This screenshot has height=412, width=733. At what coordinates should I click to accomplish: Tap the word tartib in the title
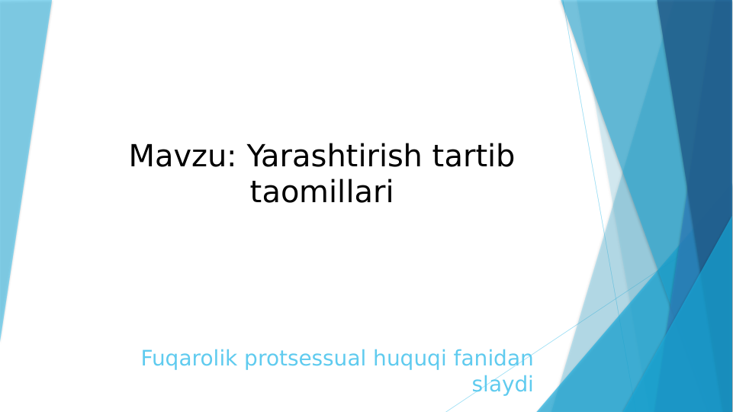473,156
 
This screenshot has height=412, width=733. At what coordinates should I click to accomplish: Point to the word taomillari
321,192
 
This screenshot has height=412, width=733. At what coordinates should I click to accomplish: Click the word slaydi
502,384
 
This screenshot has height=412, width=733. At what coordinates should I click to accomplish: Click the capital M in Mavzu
142,156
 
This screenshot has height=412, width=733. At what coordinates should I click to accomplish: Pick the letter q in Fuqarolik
172,359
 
